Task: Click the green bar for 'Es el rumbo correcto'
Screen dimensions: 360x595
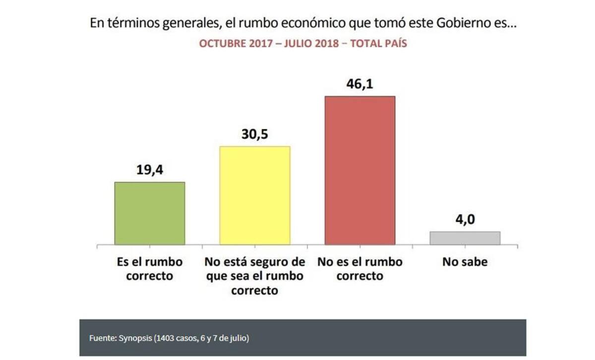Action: coord(150,213)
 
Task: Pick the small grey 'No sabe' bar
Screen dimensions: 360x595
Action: coord(465,238)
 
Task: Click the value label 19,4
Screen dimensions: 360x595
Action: coord(150,171)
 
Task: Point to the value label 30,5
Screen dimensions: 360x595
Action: coord(254,135)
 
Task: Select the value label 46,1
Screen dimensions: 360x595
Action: coord(359,84)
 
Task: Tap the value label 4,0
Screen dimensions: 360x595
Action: coord(465,220)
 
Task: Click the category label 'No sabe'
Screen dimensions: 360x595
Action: coord(465,262)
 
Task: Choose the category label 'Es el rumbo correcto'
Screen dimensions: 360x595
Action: coord(150,268)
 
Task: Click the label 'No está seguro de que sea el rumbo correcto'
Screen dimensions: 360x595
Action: coord(254,276)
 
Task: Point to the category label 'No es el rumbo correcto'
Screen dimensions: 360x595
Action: coord(359,268)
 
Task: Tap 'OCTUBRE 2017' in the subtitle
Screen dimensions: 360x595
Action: coord(232,44)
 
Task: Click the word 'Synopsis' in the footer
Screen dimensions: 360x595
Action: coord(135,338)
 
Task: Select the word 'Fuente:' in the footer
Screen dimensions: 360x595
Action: coord(103,338)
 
